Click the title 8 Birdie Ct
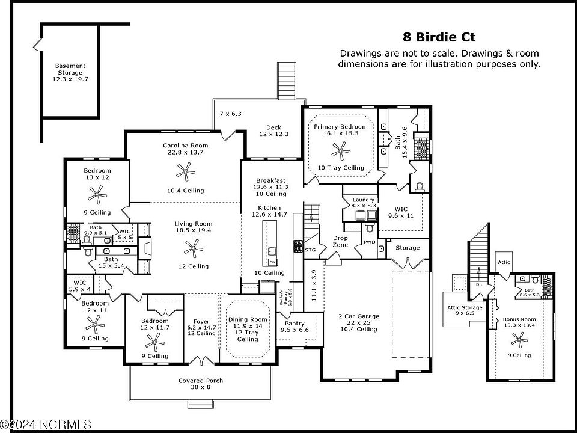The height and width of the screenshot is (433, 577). pos(439,37)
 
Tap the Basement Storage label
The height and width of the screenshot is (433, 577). pos(70,72)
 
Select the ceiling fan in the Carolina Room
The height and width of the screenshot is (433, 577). pos(186,171)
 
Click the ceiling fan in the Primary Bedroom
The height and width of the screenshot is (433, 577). pos(341,150)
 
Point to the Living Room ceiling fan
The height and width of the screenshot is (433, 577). pos(194,248)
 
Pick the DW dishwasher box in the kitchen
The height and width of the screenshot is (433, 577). pos(272,262)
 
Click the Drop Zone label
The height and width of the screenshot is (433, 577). pos(340,241)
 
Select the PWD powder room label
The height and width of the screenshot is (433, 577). pos(369,242)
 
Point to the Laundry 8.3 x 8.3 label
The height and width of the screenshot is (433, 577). pos(363,203)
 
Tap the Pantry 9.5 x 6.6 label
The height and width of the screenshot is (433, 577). pos(295,327)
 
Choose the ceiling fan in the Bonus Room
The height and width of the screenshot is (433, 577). pos(519,339)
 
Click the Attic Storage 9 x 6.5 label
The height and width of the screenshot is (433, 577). pos(465,310)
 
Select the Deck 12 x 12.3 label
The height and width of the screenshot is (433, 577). pos(274,131)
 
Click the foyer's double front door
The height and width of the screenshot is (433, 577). pos(201,360)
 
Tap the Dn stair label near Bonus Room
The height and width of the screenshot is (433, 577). pos(479,284)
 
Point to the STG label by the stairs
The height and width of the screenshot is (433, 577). pos(310,250)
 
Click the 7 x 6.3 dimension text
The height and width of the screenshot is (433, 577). pos(230,114)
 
